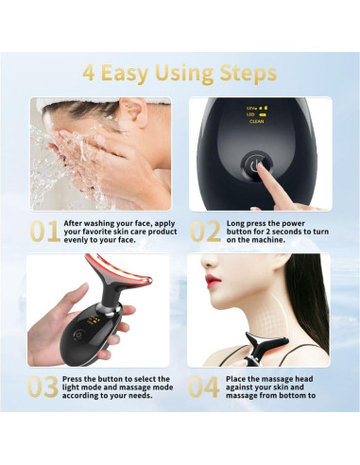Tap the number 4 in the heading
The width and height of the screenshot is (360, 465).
(x=90, y=73)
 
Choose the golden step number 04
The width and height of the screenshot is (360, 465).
(x=205, y=387)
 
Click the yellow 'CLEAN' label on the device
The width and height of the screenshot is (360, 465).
(x=256, y=122)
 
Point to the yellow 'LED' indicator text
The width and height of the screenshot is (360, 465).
(x=251, y=114)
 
